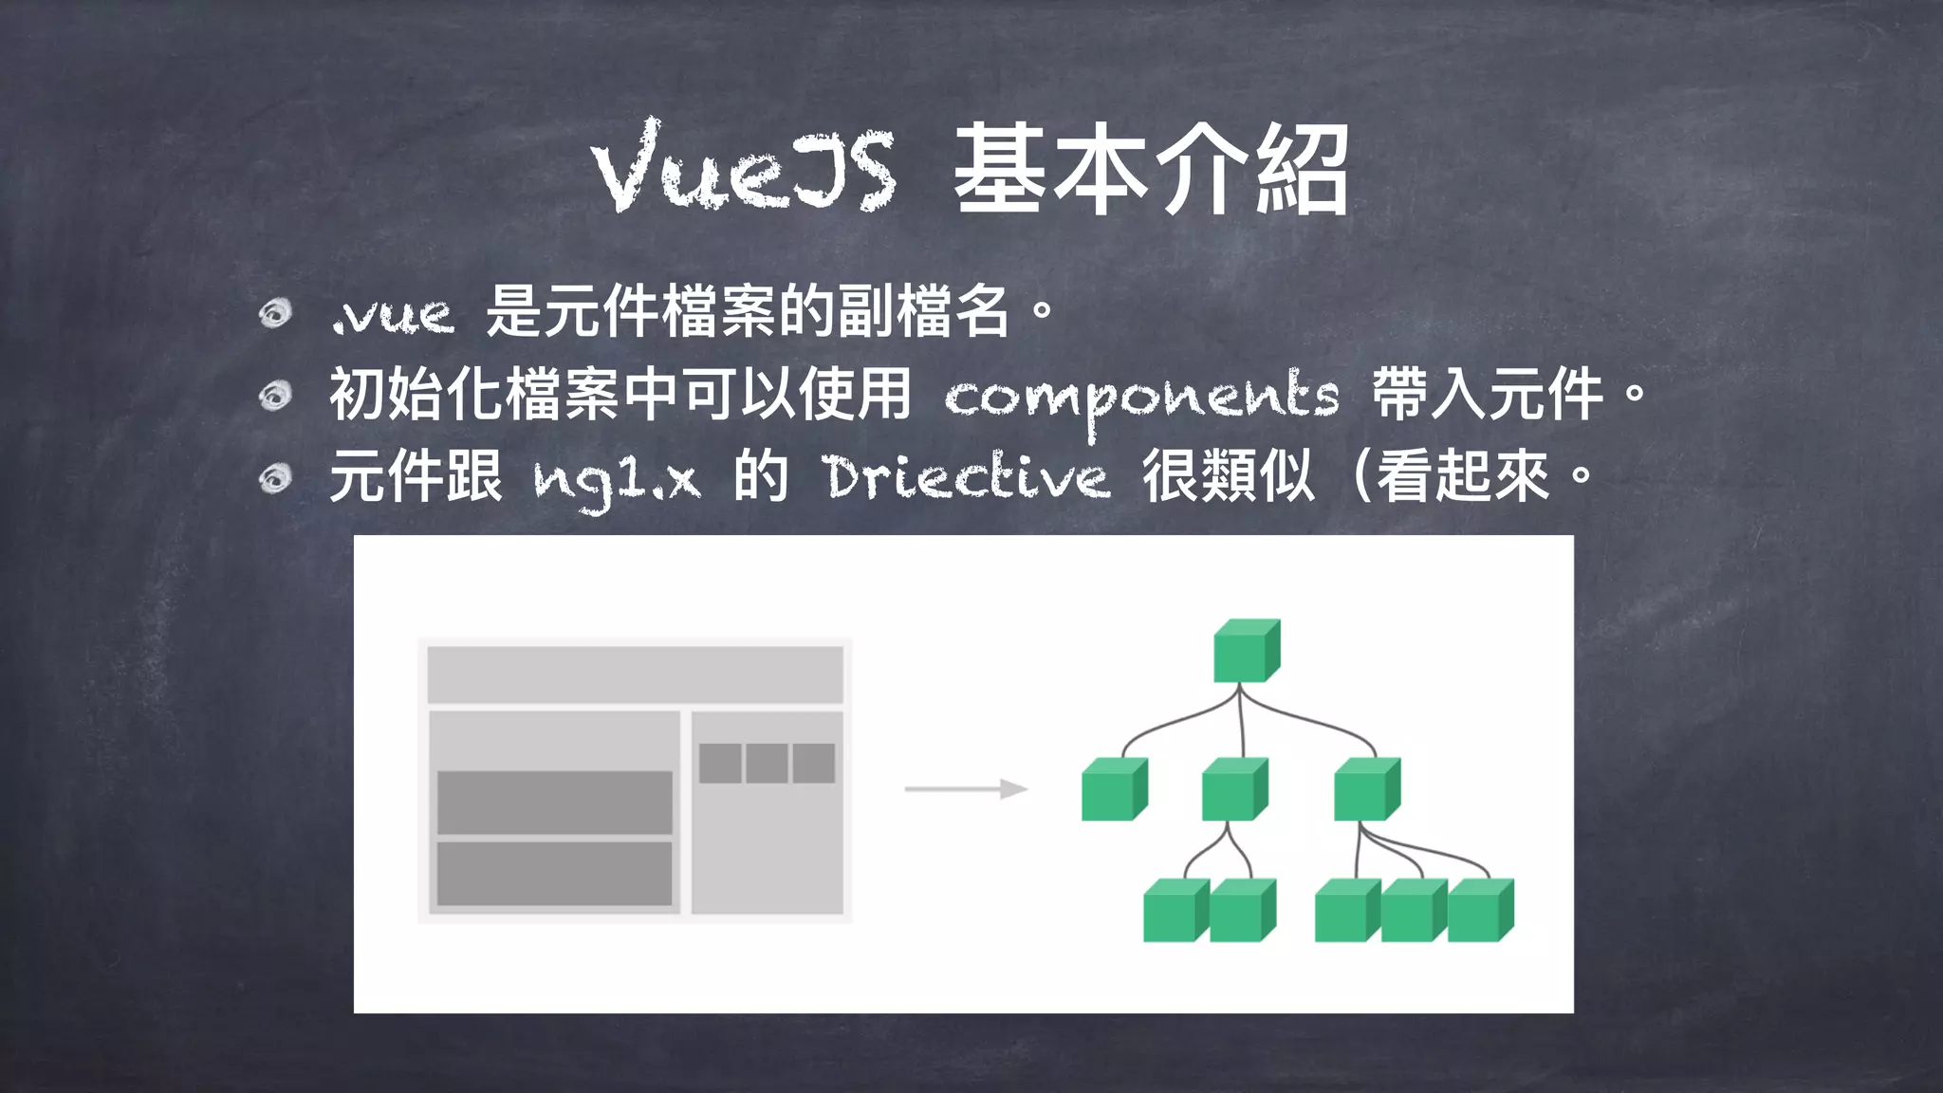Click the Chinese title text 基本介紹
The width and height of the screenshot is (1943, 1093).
click(1151, 171)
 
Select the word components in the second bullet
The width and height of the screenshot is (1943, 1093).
click(1141, 397)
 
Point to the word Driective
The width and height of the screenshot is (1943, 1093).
click(966, 477)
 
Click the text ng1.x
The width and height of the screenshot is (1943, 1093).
click(617, 480)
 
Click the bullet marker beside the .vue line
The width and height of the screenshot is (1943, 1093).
click(275, 313)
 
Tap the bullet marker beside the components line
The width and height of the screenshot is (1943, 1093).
click(275, 396)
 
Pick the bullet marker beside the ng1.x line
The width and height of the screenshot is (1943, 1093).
click(275, 478)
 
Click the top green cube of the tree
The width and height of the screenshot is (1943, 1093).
click(1246, 651)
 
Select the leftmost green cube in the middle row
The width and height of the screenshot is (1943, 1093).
click(1114, 789)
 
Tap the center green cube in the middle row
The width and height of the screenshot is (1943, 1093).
click(1233, 789)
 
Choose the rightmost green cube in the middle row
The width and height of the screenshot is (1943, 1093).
click(1366, 789)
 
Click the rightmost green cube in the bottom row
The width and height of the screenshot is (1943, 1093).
click(1480, 911)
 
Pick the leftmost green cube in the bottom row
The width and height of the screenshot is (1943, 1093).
click(1175, 911)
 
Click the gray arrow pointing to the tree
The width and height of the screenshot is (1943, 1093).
click(966, 789)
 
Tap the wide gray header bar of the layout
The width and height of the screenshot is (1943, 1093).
click(635, 675)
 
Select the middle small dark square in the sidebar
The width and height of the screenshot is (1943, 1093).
click(767, 763)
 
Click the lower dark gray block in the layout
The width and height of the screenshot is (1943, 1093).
click(554, 874)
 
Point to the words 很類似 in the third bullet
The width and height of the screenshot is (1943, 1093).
click(1228, 477)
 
